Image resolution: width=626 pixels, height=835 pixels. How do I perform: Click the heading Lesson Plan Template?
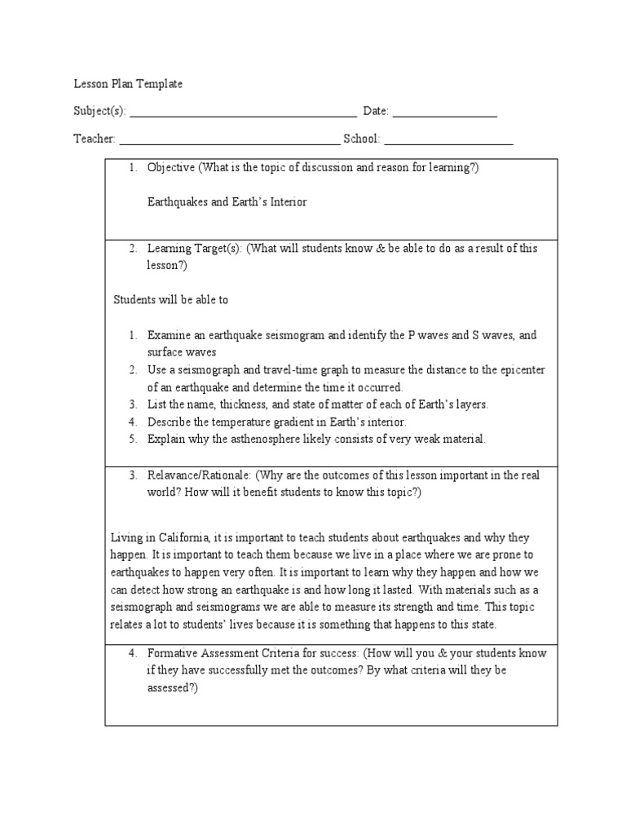(128, 84)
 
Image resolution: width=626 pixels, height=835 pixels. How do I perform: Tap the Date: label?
(376, 111)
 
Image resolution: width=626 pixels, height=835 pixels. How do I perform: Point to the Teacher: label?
(95, 139)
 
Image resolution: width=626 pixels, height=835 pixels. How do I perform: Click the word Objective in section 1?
(170, 167)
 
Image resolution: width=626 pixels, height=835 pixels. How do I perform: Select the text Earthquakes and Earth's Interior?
(227, 201)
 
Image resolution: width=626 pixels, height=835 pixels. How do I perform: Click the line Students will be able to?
(170, 299)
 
